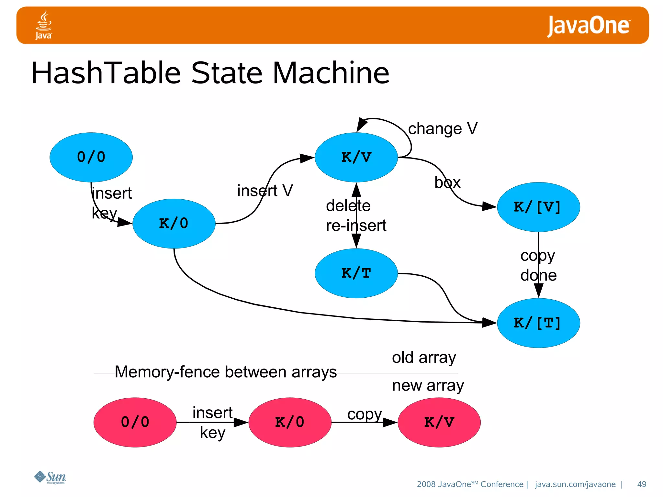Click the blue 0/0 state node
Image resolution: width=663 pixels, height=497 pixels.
[91, 157]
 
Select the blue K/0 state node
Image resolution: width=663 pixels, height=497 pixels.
[174, 224]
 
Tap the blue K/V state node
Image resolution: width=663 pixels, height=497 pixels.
[356, 157]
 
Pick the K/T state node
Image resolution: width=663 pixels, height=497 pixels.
[356, 273]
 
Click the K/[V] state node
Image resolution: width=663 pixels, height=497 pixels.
[538, 207]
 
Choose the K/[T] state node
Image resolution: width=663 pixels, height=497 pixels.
[538, 323]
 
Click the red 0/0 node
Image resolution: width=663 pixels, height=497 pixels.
[135, 422]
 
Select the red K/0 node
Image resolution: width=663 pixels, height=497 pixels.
[290, 422]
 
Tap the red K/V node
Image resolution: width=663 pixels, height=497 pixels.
[439, 422]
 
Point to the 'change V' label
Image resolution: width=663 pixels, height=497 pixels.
[443, 129]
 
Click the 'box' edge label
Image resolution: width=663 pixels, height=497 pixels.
[447, 183]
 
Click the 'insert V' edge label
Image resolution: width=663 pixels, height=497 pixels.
[265, 191]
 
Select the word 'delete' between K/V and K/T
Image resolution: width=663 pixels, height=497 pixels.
[348, 206]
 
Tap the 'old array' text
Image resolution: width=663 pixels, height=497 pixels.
[424, 358]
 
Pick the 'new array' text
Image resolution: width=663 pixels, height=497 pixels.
[428, 386]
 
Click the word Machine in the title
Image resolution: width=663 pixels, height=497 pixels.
[331, 73]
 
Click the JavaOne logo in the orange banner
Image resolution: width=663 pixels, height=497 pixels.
[588, 26]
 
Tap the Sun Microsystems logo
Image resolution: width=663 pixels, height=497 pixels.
[50, 477]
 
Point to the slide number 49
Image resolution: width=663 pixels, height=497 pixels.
[641, 484]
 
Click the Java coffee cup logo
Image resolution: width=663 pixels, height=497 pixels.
[43, 25]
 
